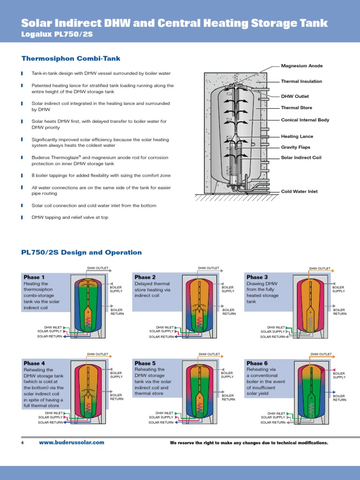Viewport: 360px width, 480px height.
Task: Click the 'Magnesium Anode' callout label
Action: (x=301, y=66)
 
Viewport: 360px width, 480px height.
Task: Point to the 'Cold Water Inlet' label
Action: (x=300, y=192)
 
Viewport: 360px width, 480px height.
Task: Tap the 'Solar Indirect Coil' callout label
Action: (x=301, y=157)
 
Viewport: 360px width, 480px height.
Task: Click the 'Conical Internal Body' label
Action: (x=305, y=120)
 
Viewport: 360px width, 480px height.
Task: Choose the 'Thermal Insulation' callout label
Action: (x=301, y=82)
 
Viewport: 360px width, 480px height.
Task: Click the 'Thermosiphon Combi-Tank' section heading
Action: (x=71, y=59)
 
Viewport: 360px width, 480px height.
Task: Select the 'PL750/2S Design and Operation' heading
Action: (x=82, y=253)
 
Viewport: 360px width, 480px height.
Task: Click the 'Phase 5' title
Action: (x=145, y=363)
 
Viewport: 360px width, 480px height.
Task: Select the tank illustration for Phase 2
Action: (x=201, y=306)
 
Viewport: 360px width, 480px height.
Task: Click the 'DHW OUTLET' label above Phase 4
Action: (x=98, y=354)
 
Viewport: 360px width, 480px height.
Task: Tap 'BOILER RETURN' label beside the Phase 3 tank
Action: (x=340, y=312)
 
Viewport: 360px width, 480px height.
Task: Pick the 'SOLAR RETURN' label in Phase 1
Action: (x=50, y=337)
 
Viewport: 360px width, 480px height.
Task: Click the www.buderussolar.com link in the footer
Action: (x=71, y=442)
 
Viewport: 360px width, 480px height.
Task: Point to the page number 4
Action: (x=22, y=443)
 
